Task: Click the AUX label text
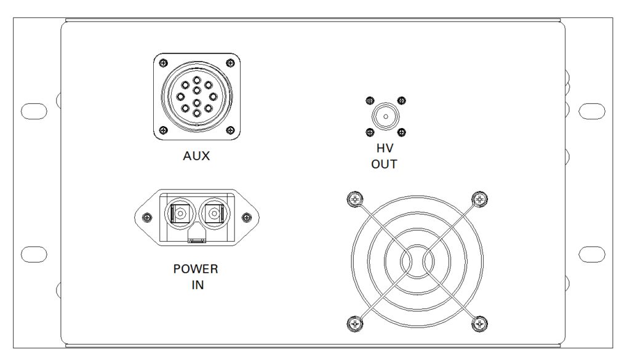196,156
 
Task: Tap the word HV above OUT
385,148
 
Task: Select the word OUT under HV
384,164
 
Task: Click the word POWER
196,269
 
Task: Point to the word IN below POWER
197,285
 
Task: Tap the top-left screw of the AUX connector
163,63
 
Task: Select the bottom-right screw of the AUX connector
230,130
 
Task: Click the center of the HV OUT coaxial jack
386,116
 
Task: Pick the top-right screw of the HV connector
401,100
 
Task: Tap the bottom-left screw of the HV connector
370,132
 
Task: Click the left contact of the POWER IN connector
180,213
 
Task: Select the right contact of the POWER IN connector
213,213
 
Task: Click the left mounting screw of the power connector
148,218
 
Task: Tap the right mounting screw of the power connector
246,218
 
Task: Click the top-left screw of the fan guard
355,199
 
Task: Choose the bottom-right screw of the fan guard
479,324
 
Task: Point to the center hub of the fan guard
417,262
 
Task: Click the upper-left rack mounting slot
34,111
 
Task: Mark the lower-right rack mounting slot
592,254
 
